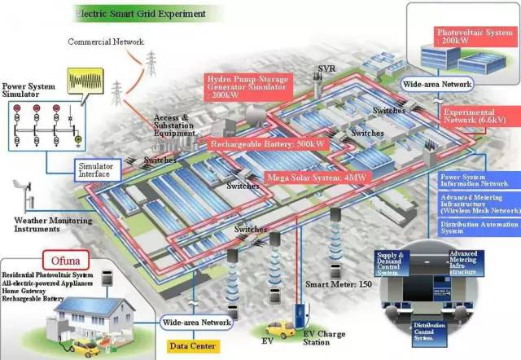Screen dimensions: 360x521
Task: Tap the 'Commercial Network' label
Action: pyautogui.click(x=106, y=42)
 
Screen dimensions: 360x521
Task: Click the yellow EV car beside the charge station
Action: pyautogui.click(x=279, y=330)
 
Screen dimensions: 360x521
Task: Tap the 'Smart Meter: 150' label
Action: pyautogui.click(x=339, y=284)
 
